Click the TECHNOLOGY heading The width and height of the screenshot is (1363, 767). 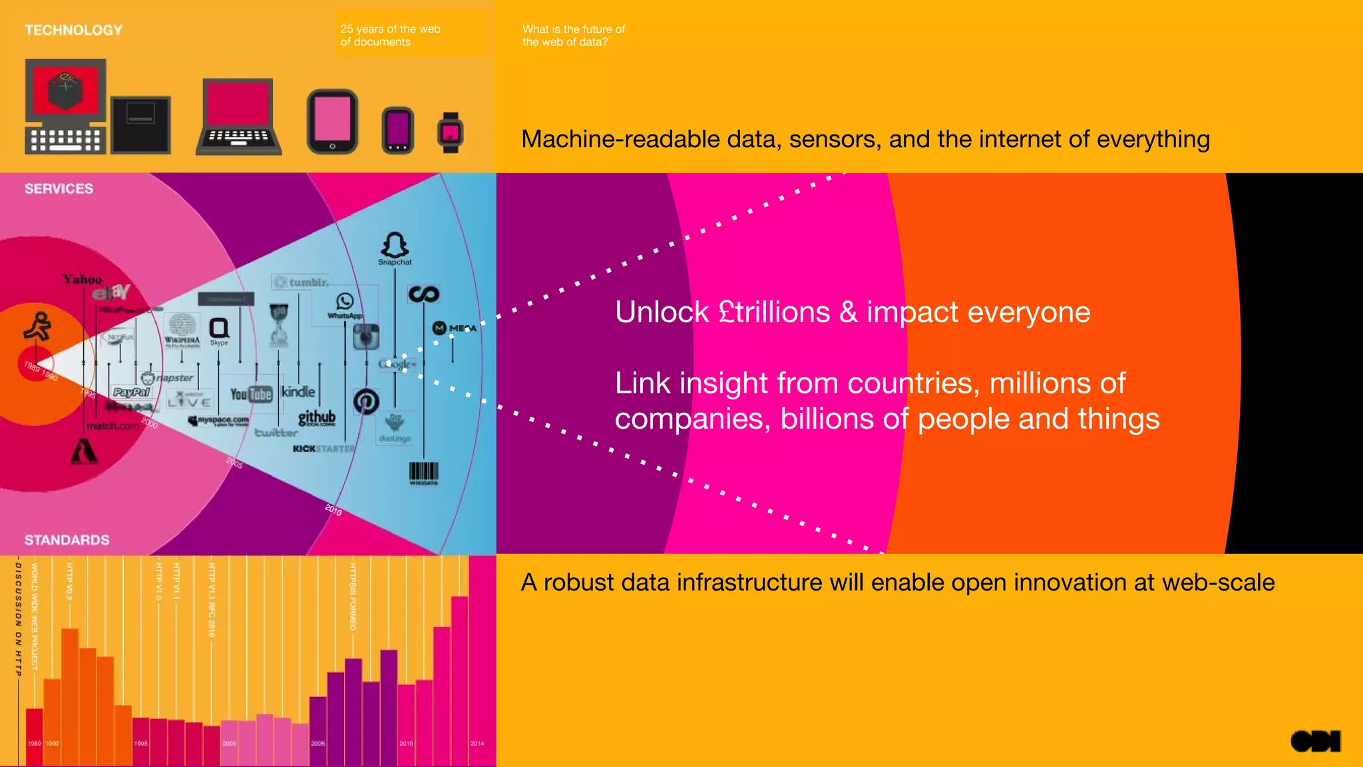[73, 30]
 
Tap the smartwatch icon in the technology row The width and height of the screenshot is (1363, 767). [451, 132]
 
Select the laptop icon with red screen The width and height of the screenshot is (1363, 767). [239, 117]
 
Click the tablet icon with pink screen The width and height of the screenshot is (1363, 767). [332, 122]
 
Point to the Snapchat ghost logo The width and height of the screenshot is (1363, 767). [395, 246]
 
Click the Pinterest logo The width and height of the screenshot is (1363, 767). [366, 401]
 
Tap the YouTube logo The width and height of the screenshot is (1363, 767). [251, 394]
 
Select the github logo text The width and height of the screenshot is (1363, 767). [317, 417]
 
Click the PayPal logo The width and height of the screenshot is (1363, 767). [132, 392]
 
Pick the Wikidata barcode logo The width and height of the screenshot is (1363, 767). [423, 473]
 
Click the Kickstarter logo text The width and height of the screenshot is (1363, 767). [324, 449]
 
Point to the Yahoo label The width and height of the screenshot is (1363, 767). [83, 280]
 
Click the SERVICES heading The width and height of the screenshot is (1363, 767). [59, 188]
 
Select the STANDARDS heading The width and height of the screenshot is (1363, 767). [67, 540]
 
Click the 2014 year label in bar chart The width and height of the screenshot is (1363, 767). [477, 743]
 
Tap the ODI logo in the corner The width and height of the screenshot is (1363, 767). [1315, 741]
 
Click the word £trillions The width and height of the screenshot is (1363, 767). [775, 312]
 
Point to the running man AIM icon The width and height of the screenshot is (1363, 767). [37, 326]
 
